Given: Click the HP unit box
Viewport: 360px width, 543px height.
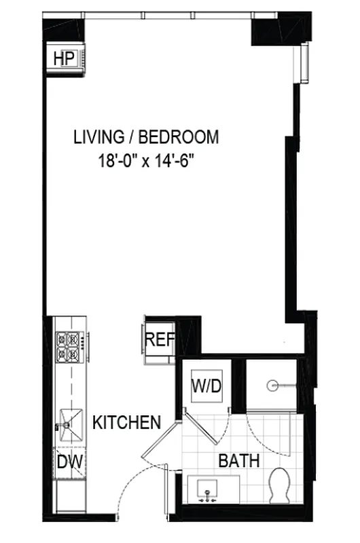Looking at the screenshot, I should (65, 58).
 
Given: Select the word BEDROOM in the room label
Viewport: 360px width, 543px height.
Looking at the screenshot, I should (179, 137).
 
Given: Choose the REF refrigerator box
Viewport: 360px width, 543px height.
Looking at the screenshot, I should (159, 338).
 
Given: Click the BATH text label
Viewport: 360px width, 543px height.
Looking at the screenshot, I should (238, 462).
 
